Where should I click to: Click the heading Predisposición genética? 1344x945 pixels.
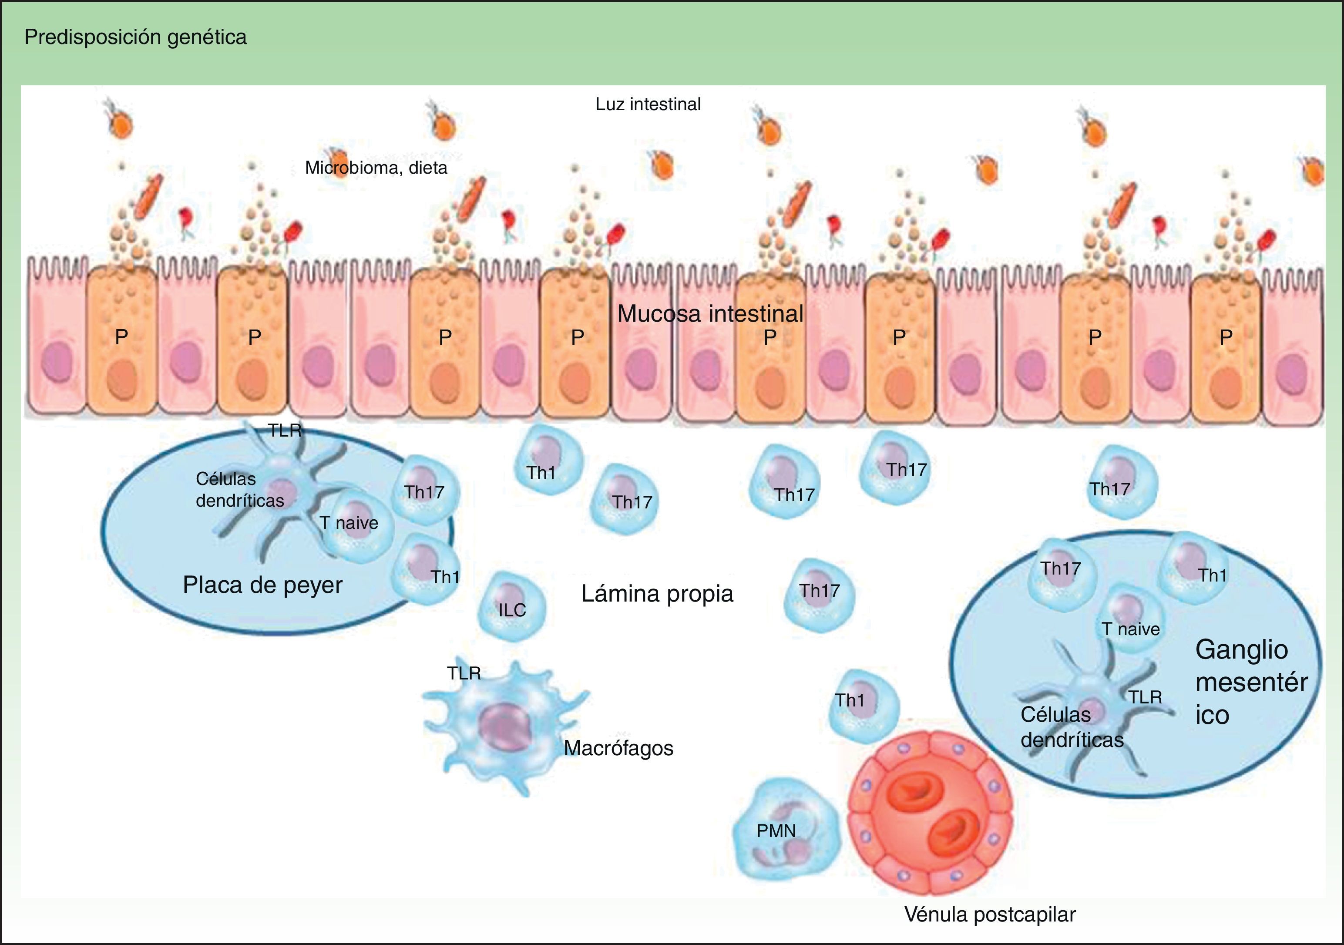tap(135, 37)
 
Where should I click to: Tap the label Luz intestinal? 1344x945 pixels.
tap(648, 104)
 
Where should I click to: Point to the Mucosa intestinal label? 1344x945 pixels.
tap(710, 314)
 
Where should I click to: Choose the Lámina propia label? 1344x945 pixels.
tap(657, 594)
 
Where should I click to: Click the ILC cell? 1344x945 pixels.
tap(511, 607)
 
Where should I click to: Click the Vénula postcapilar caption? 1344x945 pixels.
tap(990, 915)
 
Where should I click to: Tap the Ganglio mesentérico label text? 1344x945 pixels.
tap(1250, 682)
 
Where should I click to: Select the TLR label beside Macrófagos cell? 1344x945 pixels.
tap(464, 673)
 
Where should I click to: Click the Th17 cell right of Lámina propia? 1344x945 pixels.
tap(819, 594)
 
